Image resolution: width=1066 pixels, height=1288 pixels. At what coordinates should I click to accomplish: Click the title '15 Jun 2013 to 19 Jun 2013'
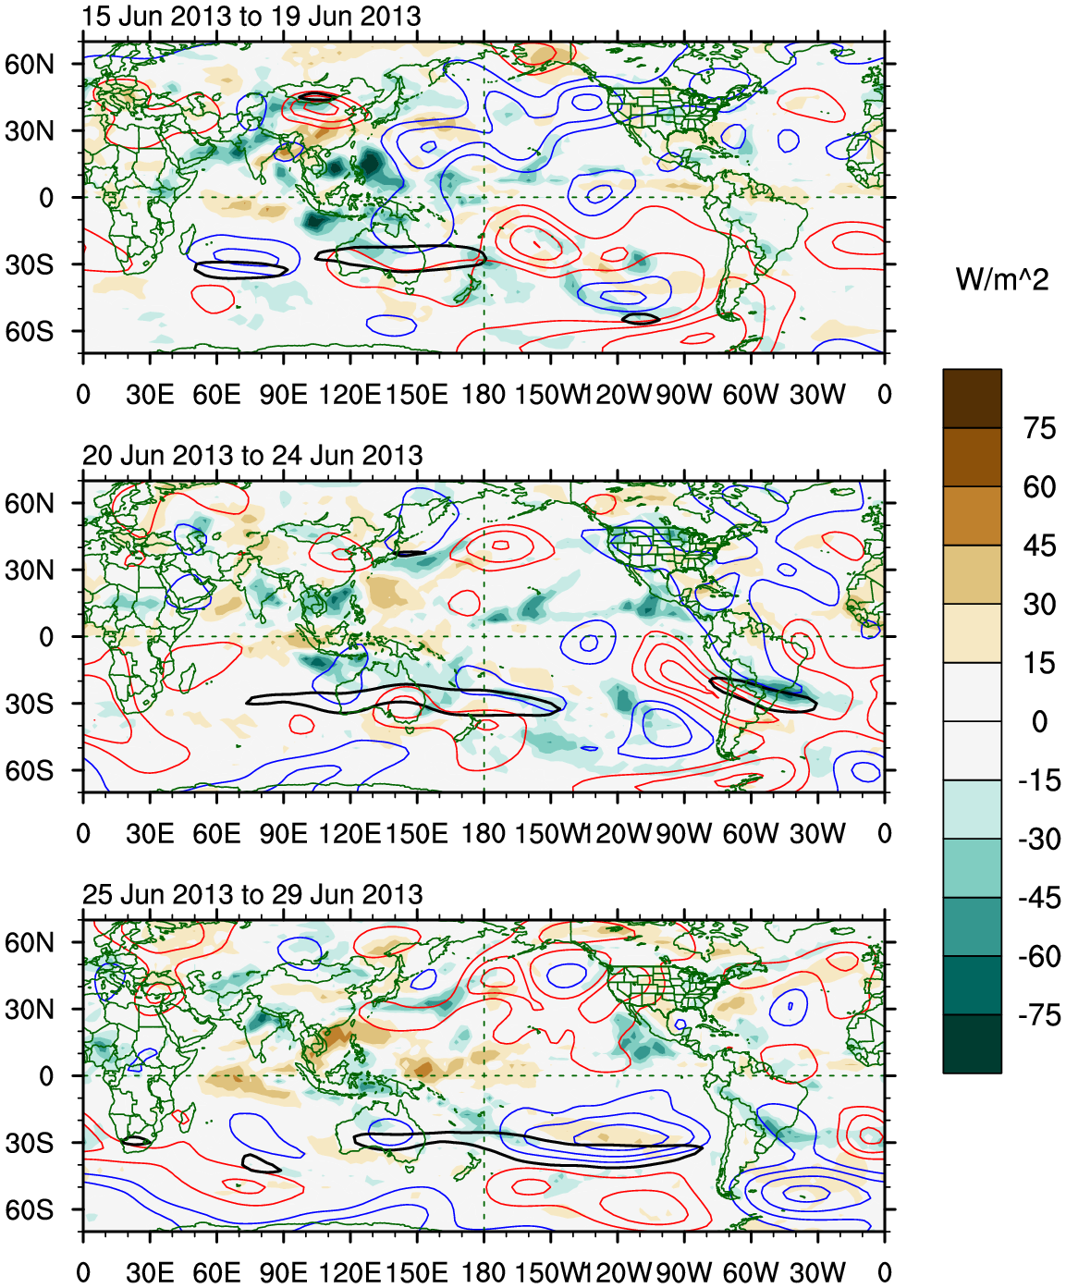point(251,17)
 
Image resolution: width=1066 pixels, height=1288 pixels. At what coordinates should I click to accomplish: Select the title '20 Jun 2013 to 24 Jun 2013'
point(252,456)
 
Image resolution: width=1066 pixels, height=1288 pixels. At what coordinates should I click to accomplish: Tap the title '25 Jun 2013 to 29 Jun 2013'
point(252,895)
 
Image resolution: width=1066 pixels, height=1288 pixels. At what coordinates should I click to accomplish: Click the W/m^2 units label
point(1002,279)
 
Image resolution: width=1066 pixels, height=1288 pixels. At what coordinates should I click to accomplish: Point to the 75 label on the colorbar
point(1039,428)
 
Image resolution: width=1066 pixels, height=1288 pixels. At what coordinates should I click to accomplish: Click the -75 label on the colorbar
point(1039,1015)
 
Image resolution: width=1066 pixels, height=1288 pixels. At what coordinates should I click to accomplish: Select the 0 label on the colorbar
point(1039,721)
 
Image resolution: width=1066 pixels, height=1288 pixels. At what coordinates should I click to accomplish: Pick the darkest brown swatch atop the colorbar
point(972,399)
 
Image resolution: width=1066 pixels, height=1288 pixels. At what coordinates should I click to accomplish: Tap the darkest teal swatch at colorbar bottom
point(972,1044)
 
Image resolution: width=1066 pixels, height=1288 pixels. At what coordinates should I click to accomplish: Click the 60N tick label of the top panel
point(30,65)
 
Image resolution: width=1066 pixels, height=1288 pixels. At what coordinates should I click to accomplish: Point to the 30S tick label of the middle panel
point(30,705)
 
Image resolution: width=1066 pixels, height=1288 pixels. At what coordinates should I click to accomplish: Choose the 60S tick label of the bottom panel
point(30,1210)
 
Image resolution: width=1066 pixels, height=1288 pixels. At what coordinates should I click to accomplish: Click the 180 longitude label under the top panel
point(484,395)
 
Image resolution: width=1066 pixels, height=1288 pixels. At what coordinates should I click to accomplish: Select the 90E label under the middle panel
point(283,834)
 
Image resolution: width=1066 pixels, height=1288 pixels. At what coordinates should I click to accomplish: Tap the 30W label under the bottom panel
point(817,1273)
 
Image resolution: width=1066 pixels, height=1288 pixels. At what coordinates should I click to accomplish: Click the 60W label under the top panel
point(751,395)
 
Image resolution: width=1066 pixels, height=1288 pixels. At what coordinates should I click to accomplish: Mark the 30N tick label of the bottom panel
point(30,1010)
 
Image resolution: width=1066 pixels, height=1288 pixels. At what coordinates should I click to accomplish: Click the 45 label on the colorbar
point(1039,546)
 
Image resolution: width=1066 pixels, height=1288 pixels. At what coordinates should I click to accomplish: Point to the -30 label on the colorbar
point(1039,840)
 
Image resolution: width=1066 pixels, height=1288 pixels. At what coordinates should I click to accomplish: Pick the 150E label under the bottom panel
point(416,1273)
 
